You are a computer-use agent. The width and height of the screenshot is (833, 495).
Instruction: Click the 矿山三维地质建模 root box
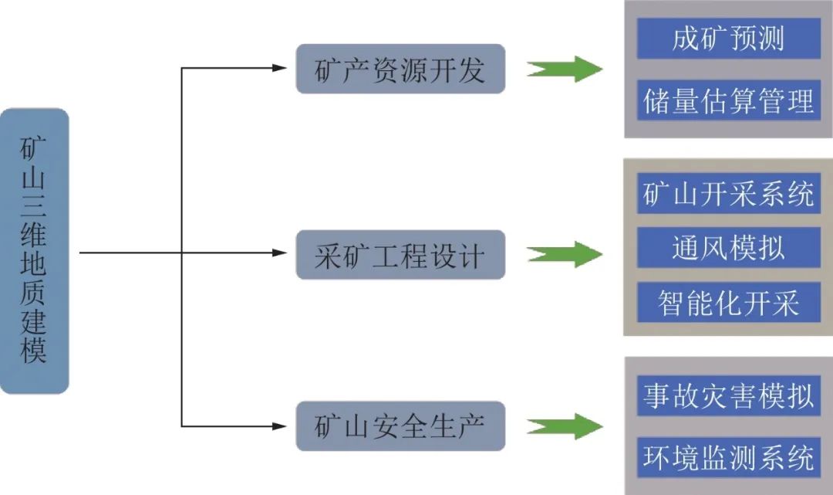pyautogui.click(x=35, y=251)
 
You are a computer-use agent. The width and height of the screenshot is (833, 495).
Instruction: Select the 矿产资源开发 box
pyautogui.click(x=400, y=70)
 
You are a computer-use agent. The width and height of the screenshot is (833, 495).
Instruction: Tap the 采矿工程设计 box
pyautogui.click(x=400, y=254)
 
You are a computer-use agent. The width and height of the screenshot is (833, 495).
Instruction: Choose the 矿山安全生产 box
pyautogui.click(x=400, y=425)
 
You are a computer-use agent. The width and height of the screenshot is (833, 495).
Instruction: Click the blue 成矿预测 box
pyautogui.click(x=728, y=39)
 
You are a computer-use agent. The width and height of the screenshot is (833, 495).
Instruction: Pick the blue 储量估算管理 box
pyautogui.click(x=728, y=100)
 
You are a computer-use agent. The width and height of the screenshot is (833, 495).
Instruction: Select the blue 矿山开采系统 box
pyautogui.click(x=728, y=193)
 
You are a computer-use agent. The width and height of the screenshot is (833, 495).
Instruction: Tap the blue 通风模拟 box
pyautogui.click(x=728, y=248)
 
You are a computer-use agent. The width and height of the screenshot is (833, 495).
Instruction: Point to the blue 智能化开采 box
pyautogui.click(x=728, y=303)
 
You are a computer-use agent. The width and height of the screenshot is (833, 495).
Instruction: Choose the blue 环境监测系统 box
pyautogui.click(x=728, y=457)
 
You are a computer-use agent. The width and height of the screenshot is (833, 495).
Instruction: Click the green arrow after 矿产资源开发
pyautogui.click(x=564, y=70)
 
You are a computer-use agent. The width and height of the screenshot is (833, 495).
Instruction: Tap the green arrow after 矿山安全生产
pyautogui.click(x=564, y=425)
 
